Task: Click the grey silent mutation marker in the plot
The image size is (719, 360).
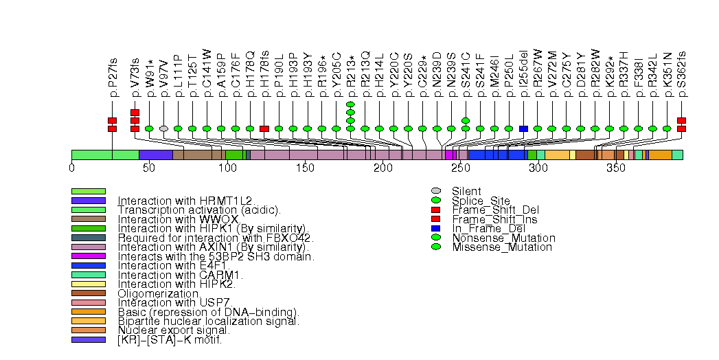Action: pyautogui.click(x=163, y=128)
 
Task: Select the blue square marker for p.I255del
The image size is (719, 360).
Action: pyautogui.click(x=523, y=128)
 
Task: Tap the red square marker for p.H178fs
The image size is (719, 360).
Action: pyautogui.click(x=264, y=128)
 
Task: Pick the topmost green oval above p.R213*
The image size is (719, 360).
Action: pyautogui.click(x=350, y=104)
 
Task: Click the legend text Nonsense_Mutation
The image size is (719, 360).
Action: pyautogui.click(x=503, y=238)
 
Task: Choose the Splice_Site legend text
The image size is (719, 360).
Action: pyautogui.click(x=481, y=201)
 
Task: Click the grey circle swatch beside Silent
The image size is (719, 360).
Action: pyautogui.click(x=435, y=191)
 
